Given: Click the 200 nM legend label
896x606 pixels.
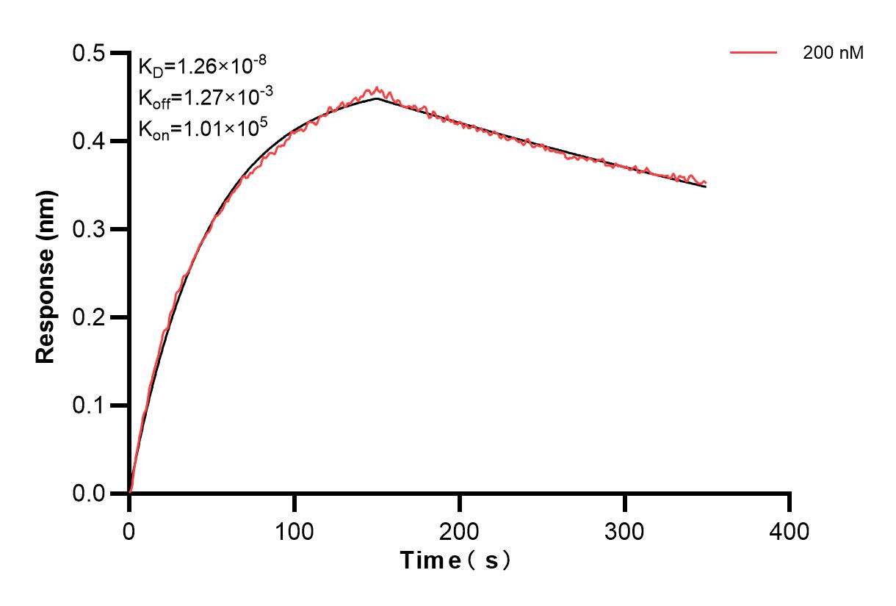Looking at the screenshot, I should tap(834, 53).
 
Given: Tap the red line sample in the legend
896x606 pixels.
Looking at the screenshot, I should tap(754, 52).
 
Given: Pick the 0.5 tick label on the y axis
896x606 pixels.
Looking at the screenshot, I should tap(89, 53).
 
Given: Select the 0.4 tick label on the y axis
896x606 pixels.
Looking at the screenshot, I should tap(89, 141).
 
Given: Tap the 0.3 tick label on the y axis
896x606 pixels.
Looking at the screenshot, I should tap(89, 229).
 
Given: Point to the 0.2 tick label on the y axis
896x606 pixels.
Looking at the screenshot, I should tap(89, 317).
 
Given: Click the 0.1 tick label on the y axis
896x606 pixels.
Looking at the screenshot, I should tap(89, 405).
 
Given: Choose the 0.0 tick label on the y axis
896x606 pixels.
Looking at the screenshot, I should tap(89, 494).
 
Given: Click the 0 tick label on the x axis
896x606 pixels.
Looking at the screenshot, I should tap(129, 530).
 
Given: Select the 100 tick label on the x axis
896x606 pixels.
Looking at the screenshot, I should tap(295, 530).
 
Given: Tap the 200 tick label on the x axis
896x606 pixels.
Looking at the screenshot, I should tap(460, 530).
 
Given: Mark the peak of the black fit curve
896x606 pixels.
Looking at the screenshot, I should tap(377, 98).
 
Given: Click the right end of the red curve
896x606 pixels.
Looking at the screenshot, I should tap(706, 183).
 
